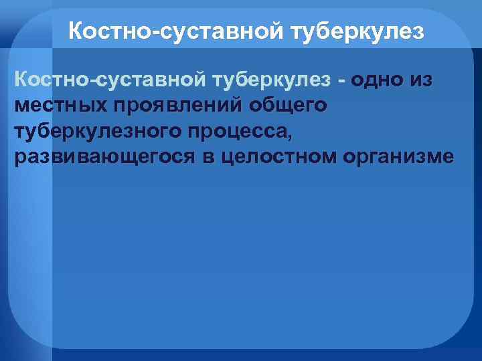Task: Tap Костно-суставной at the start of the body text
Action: [x=110, y=81]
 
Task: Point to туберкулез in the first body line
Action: [x=271, y=81]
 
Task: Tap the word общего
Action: [x=288, y=106]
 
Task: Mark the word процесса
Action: [x=235, y=132]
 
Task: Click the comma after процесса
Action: [x=289, y=136]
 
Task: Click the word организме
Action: [x=398, y=157]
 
